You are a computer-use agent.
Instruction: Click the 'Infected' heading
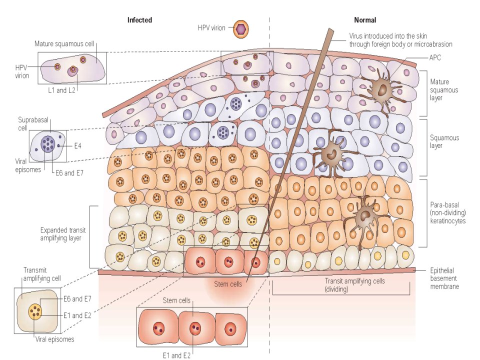[139, 20]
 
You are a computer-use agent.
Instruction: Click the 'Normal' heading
[365, 20]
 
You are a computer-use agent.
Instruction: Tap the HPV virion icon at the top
[241, 29]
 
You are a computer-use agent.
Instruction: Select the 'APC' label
[435, 57]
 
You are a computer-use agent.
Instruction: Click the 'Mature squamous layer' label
[444, 89]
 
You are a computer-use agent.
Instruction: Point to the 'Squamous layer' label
[444, 141]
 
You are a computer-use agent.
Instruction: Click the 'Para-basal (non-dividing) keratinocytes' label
[447, 213]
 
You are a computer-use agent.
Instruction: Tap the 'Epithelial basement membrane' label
[444, 278]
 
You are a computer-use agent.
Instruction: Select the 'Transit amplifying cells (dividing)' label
[354, 285]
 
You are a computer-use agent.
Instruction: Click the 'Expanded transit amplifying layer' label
[63, 234]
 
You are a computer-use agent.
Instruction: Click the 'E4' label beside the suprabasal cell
[78, 146]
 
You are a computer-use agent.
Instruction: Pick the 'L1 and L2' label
[61, 90]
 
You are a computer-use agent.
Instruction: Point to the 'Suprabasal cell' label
[33, 124]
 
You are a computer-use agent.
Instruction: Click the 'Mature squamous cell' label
[64, 44]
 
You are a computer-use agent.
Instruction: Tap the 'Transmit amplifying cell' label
[42, 274]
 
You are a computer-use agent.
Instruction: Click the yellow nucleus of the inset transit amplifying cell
[35, 311]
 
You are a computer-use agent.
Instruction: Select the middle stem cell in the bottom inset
[195, 328]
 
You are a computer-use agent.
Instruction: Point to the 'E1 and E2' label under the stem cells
[176, 355]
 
